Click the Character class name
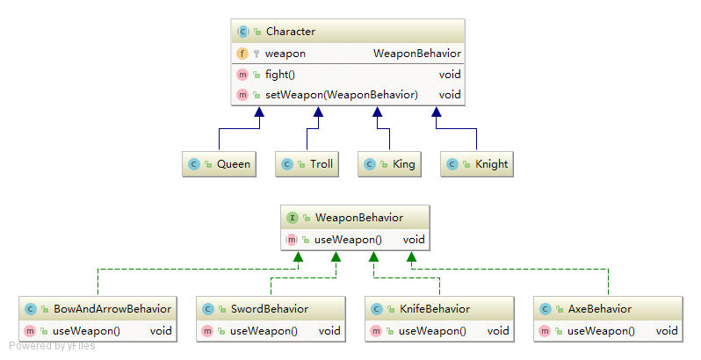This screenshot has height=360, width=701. [x=290, y=32]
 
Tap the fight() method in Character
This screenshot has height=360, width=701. [x=280, y=75]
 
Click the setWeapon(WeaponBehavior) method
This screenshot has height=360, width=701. [x=341, y=94]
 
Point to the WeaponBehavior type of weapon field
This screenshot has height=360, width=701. [x=416, y=54]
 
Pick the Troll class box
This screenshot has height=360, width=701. [x=307, y=163]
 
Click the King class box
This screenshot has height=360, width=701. [x=388, y=163]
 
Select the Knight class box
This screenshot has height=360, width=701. [x=477, y=163]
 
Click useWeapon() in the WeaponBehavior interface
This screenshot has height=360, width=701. [x=347, y=239]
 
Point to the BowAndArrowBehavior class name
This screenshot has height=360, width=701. [x=112, y=309]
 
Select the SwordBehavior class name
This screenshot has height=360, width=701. [x=270, y=309]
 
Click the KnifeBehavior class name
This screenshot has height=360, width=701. [x=434, y=309]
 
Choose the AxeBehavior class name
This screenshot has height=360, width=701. [x=599, y=309]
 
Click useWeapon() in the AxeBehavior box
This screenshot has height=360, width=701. [x=601, y=331]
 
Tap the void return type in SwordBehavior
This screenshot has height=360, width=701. [x=329, y=331]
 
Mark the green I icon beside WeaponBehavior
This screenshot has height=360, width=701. [x=292, y=217]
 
